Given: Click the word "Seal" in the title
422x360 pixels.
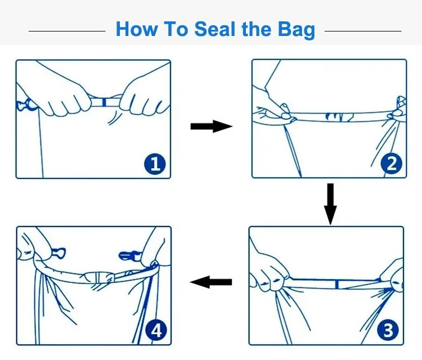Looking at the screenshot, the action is (x=215, y=29).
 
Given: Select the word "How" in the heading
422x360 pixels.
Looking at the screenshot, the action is (x=137, y=29).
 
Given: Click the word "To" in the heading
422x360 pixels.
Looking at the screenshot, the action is (x=176, y=29).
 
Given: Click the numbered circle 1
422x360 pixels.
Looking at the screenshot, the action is (x=155, y=164).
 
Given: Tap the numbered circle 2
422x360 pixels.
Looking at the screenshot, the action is (x=391, y=164).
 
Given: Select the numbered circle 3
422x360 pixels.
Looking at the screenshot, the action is (x=388, y=330).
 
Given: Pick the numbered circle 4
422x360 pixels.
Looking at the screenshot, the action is (x=156, y=330).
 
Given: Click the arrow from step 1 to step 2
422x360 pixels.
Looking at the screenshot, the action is (x=211, y=126).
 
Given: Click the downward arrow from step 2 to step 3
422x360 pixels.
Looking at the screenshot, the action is (x=330, y=204).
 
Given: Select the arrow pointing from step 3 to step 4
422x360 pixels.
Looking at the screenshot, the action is (x=211, y=282).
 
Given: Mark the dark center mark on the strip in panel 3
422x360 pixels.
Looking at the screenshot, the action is (x=336, y=285).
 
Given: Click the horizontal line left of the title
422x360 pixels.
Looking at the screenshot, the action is (x=67, y=31).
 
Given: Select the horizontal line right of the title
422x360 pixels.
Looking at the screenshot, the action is (x=363, y=31).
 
